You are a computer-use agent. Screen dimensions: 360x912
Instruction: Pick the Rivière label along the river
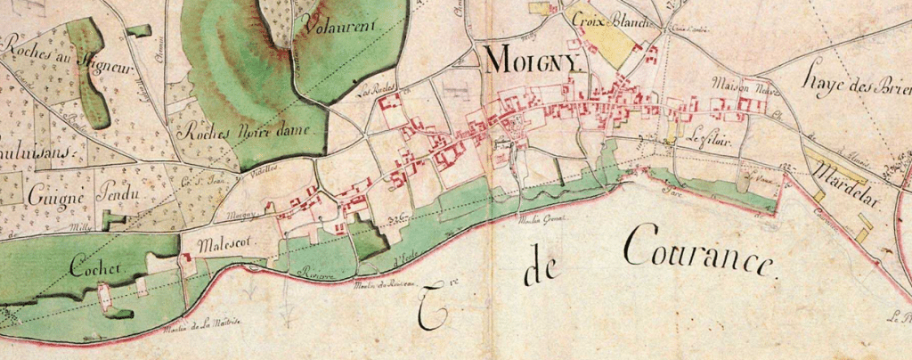(317, 277)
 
